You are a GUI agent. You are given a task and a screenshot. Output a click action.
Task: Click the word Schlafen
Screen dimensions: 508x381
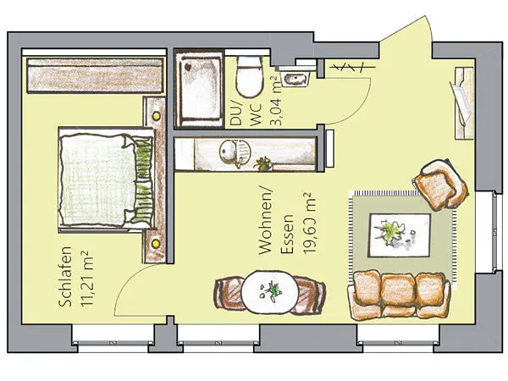65,277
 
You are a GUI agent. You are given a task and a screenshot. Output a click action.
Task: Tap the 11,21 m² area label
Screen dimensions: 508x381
87,279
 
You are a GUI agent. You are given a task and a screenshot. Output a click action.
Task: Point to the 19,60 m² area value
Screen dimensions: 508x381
308,224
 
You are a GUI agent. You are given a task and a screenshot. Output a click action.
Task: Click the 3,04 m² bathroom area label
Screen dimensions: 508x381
276,101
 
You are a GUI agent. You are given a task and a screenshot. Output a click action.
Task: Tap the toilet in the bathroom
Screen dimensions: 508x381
249,76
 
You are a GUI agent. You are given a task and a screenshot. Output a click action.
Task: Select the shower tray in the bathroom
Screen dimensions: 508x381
199,89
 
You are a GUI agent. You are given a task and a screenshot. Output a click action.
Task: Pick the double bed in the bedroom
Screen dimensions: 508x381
107,179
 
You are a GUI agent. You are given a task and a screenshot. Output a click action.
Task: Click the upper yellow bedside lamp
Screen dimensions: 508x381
157,116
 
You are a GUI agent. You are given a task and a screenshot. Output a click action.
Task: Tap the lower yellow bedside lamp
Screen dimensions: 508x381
156,243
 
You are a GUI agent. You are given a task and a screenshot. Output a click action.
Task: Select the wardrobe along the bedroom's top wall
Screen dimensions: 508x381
95,75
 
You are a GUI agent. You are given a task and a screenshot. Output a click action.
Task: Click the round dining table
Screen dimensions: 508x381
270,292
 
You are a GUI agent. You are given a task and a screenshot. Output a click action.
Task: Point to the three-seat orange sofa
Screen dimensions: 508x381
399,295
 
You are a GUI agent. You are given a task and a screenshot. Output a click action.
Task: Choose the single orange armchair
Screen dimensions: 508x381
440,185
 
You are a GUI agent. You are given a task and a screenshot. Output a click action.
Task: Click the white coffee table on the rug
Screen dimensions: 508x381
400,235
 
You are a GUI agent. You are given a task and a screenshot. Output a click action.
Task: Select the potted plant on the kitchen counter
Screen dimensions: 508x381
263,163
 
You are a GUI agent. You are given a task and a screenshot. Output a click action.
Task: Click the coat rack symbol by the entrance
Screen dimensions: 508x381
352,68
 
